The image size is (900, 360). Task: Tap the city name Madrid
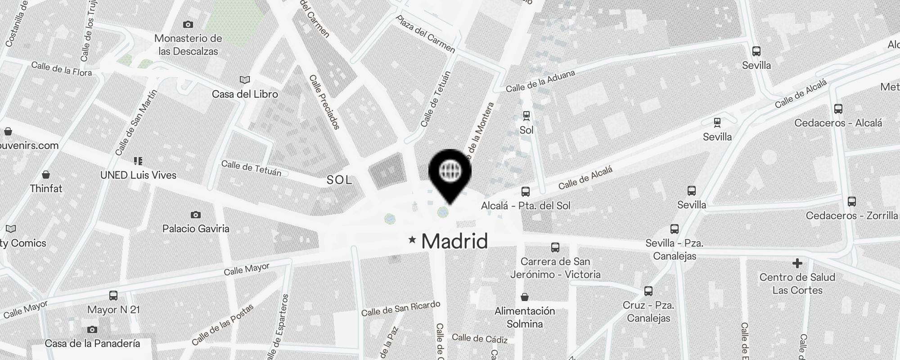[454, 241]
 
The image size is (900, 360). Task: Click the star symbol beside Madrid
[412, 239]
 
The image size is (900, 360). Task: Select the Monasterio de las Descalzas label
[188, 45]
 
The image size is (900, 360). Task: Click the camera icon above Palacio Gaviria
[195, 215]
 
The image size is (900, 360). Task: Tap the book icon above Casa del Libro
[245, 80]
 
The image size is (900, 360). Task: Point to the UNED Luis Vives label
[138, 175]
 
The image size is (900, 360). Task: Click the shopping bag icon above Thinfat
[45, 175]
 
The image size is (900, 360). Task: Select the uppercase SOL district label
[339, 180]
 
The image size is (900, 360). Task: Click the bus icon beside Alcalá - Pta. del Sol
[525, 192]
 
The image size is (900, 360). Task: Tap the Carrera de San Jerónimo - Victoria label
[555, 268]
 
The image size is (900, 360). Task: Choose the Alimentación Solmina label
[525, 317]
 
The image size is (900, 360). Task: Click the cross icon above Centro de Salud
[797, 263]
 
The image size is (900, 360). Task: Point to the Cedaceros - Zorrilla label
[851, 216]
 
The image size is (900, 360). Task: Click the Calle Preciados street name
[324, 102]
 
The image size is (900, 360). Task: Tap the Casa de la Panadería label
[92, 343]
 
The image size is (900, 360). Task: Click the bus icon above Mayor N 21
[113, 296]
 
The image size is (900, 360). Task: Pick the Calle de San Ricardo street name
[400, 308]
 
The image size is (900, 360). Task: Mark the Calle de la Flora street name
[61, 69]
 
